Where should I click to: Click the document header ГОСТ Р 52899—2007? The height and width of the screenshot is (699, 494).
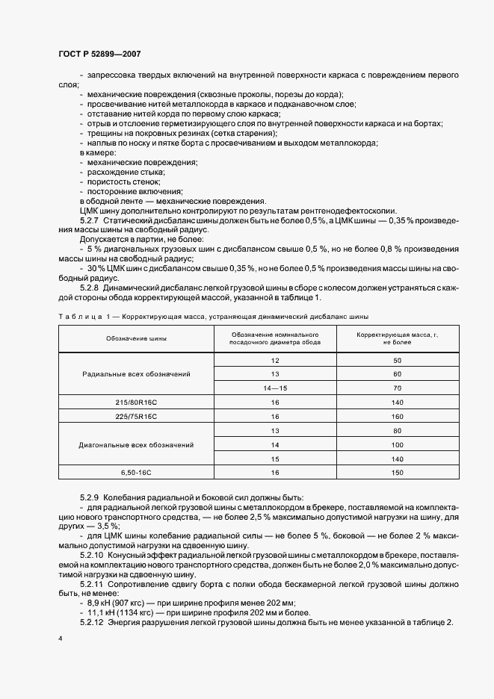98,55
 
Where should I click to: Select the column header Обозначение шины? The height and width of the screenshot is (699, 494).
136,338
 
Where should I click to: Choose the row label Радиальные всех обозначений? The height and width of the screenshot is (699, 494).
136,373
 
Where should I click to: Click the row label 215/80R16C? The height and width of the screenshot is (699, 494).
136,402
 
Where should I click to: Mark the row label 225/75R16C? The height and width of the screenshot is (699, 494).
136,416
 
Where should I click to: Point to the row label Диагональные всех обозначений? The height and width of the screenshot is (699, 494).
136,444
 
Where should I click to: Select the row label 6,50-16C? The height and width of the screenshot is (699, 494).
136,473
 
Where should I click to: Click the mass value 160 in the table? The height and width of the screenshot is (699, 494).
397,416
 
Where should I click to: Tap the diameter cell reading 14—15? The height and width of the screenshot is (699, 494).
275,388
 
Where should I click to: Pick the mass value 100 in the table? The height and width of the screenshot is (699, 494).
397,444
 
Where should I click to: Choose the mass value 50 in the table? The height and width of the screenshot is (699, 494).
397,360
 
